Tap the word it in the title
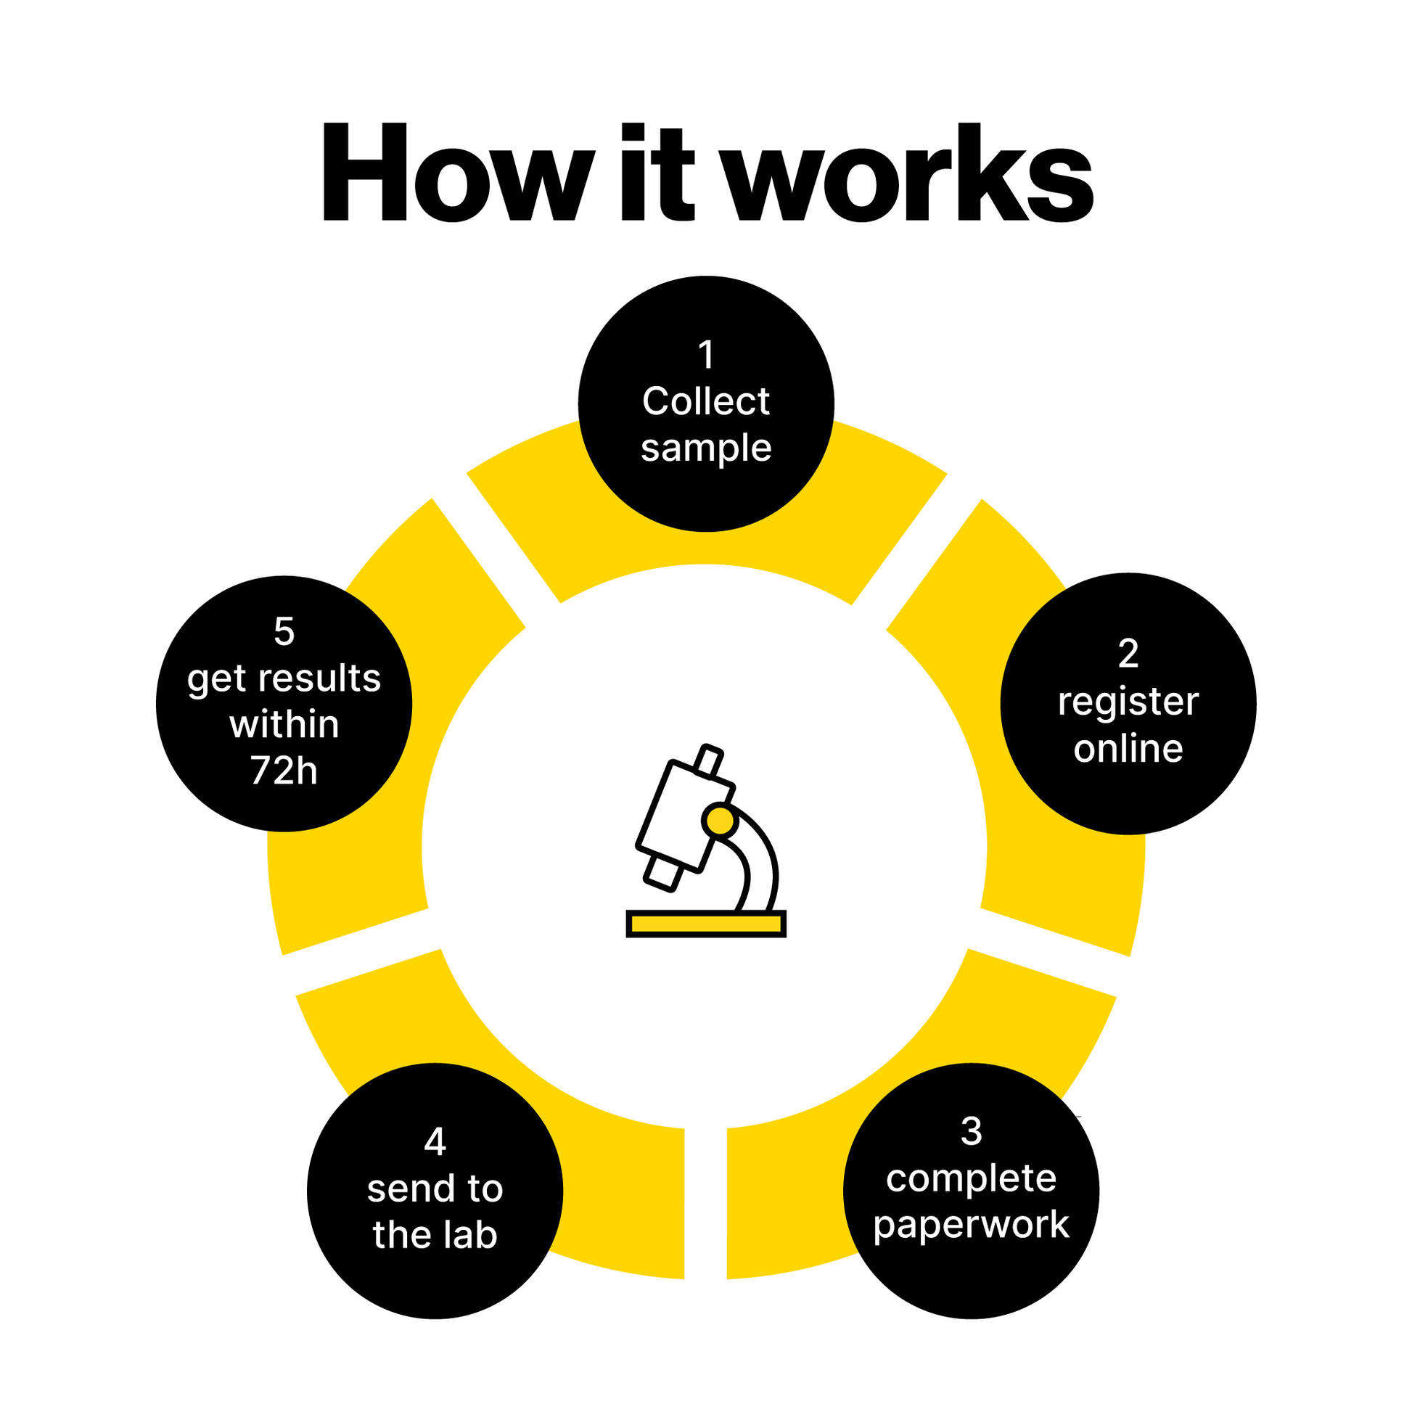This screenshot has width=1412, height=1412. (657, 173)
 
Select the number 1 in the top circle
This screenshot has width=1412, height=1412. (706, 356)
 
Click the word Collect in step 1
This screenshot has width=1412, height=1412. (706, 401)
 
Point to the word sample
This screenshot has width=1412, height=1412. (706, 448)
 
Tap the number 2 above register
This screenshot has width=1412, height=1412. (1128, 653)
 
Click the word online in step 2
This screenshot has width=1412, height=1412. (1128, 749)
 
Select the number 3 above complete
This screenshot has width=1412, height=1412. (971, 1131)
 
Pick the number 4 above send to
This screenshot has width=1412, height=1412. (435, 1141)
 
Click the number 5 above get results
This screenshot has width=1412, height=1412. (284, 631)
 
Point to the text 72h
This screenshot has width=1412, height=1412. (284, 771)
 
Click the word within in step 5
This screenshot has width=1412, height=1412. (284, 725)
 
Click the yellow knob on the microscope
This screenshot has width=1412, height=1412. (721, 821)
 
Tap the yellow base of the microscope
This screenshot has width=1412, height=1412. (706, 924)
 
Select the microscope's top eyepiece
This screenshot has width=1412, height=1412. (707, 762)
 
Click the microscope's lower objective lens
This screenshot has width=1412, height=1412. (663, 873)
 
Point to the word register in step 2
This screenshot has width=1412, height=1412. (1128, 702)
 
